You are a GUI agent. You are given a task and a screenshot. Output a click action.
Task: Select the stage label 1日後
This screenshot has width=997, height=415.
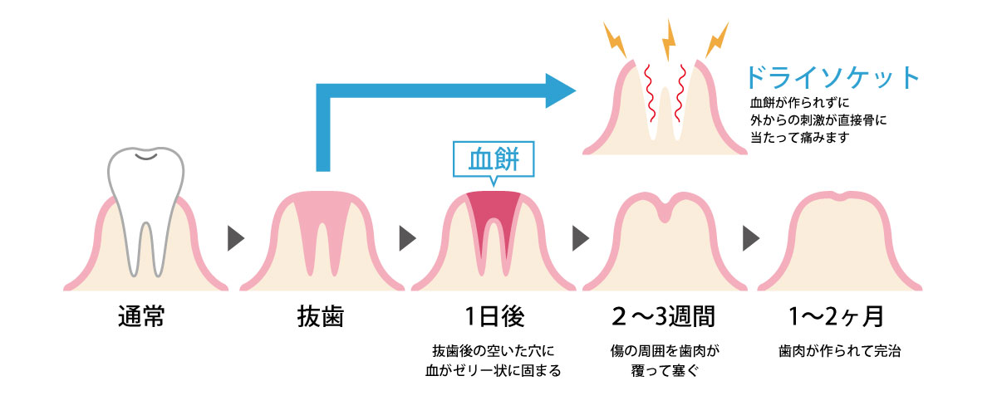(494, 318)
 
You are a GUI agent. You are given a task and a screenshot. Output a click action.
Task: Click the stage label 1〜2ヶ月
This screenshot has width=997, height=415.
(839, 318)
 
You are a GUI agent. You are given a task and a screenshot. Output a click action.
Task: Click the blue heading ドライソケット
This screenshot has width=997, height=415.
(833, 78)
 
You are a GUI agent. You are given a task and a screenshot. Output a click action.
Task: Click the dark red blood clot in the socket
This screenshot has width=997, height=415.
(494, 212)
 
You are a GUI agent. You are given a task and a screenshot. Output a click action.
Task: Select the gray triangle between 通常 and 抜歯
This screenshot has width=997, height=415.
(236, 239)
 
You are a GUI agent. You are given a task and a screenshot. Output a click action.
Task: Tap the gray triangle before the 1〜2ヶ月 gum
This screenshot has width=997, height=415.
(751, 239)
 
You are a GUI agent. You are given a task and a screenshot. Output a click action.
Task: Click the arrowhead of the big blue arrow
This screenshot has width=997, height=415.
(562, 89)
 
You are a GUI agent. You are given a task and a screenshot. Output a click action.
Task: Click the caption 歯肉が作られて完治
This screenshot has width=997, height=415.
(840, 351)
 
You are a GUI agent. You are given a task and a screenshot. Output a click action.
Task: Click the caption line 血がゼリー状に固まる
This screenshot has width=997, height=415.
(494, 370)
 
